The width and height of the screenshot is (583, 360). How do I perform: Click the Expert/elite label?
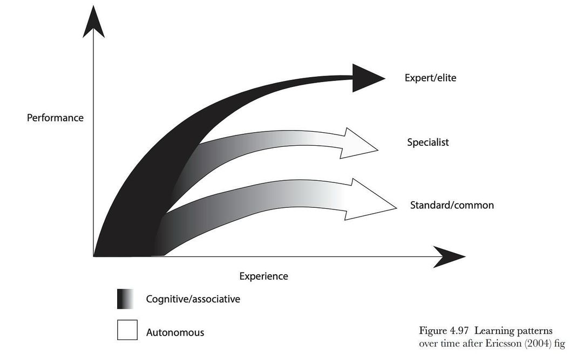click(x=430, y=78)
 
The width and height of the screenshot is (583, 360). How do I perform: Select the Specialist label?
click(x=428, y=142)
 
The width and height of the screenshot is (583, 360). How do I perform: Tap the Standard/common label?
click(x=452, y=205)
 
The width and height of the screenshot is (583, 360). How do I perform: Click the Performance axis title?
click(x=55, y=117)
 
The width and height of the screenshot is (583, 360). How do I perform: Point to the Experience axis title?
click(x=263, y=276)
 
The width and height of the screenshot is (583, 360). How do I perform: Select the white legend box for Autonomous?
click(x=127, y=330)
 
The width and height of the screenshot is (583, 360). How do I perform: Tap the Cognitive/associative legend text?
click(x=193, y=298)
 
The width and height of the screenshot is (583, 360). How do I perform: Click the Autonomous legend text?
click(x=175, y=332)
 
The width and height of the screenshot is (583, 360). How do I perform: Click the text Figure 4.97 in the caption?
click(x=441, y=330)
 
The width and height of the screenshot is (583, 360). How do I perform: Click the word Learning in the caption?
click(x=487, y=330)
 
